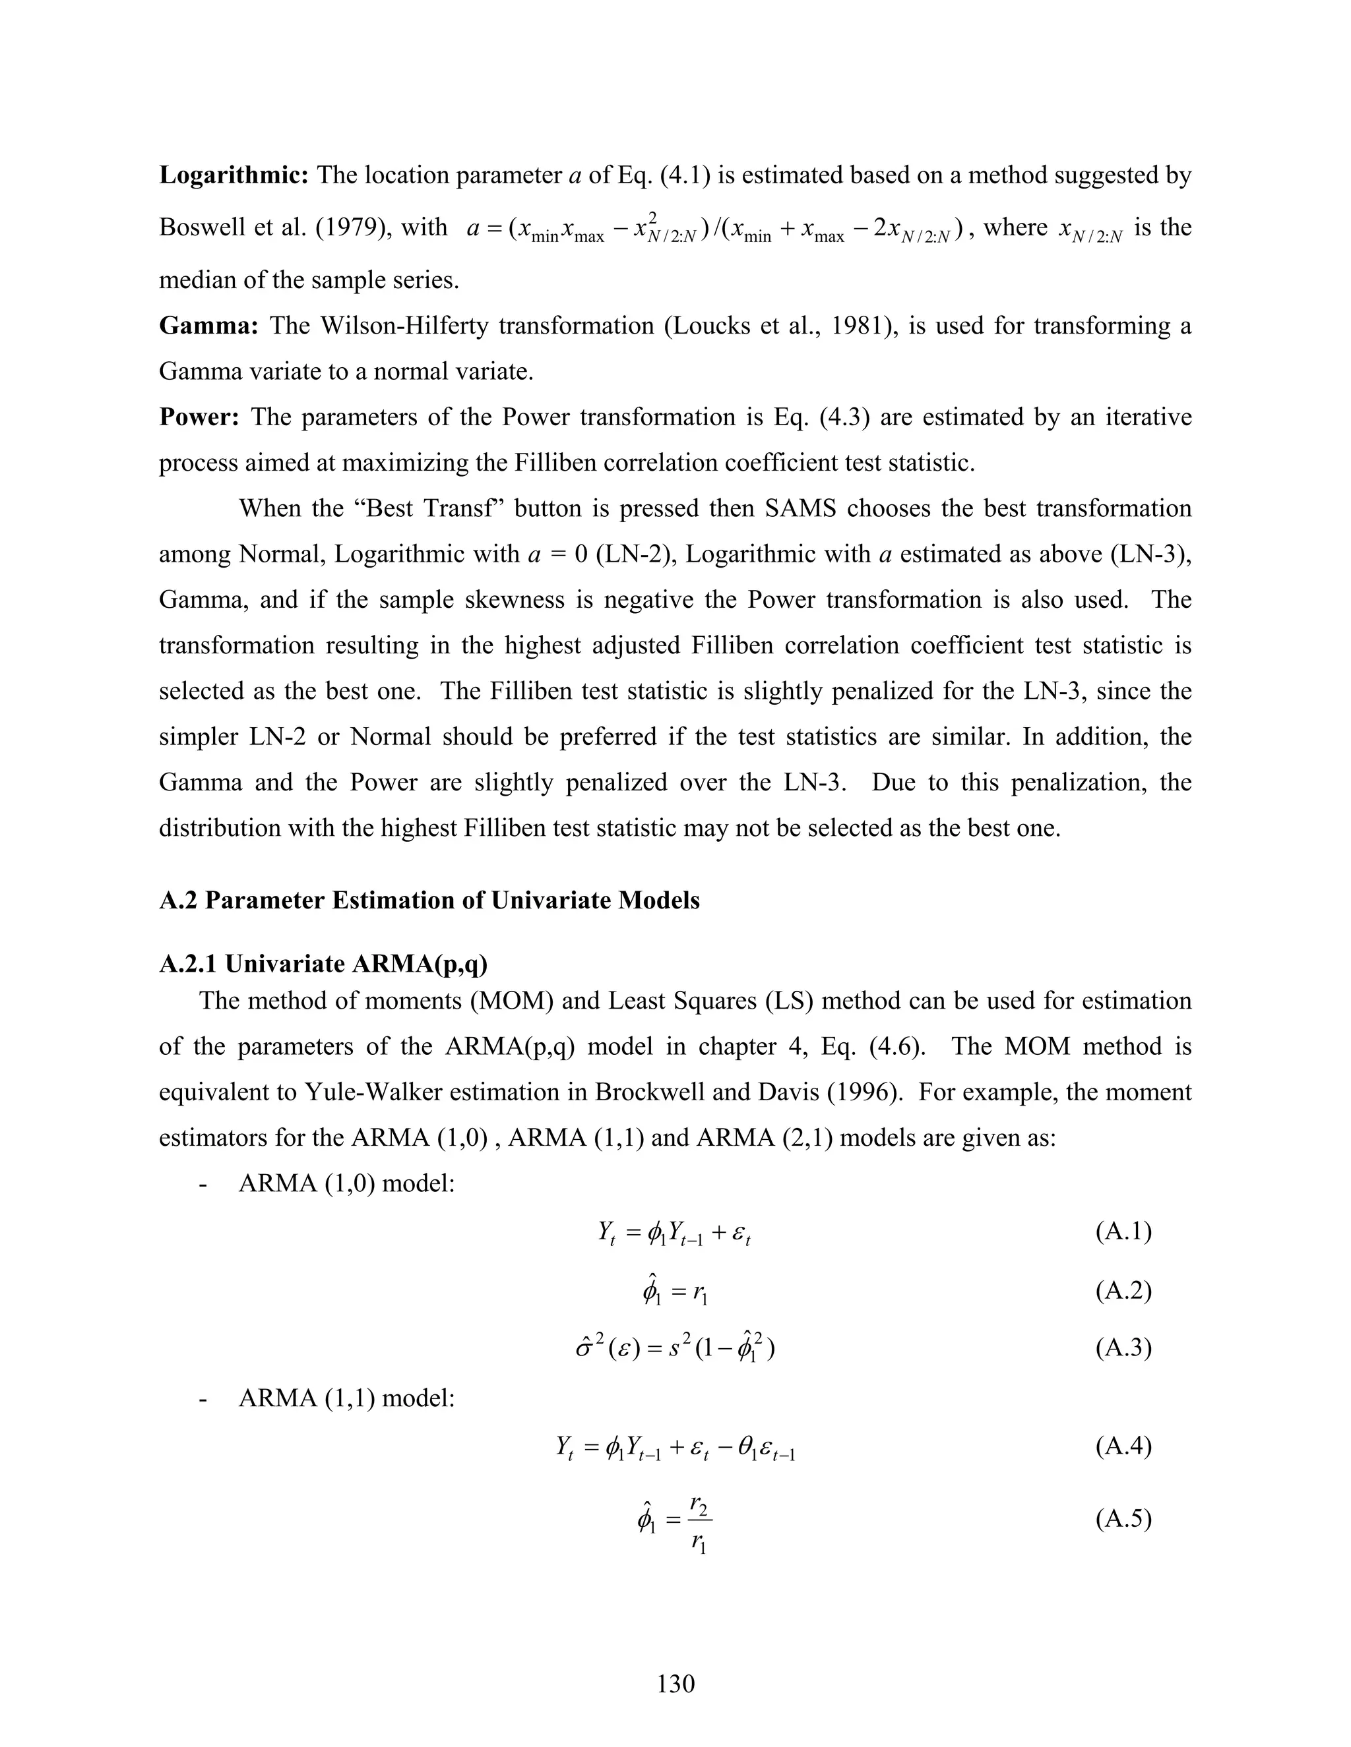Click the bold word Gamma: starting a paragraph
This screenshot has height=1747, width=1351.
point(208,326)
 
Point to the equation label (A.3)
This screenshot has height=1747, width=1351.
point(1123,1348)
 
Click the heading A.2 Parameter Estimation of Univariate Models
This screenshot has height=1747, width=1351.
point(429,901)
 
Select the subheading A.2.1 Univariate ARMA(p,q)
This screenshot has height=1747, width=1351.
point(323,964)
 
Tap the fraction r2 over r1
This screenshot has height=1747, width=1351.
point(699,1518)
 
